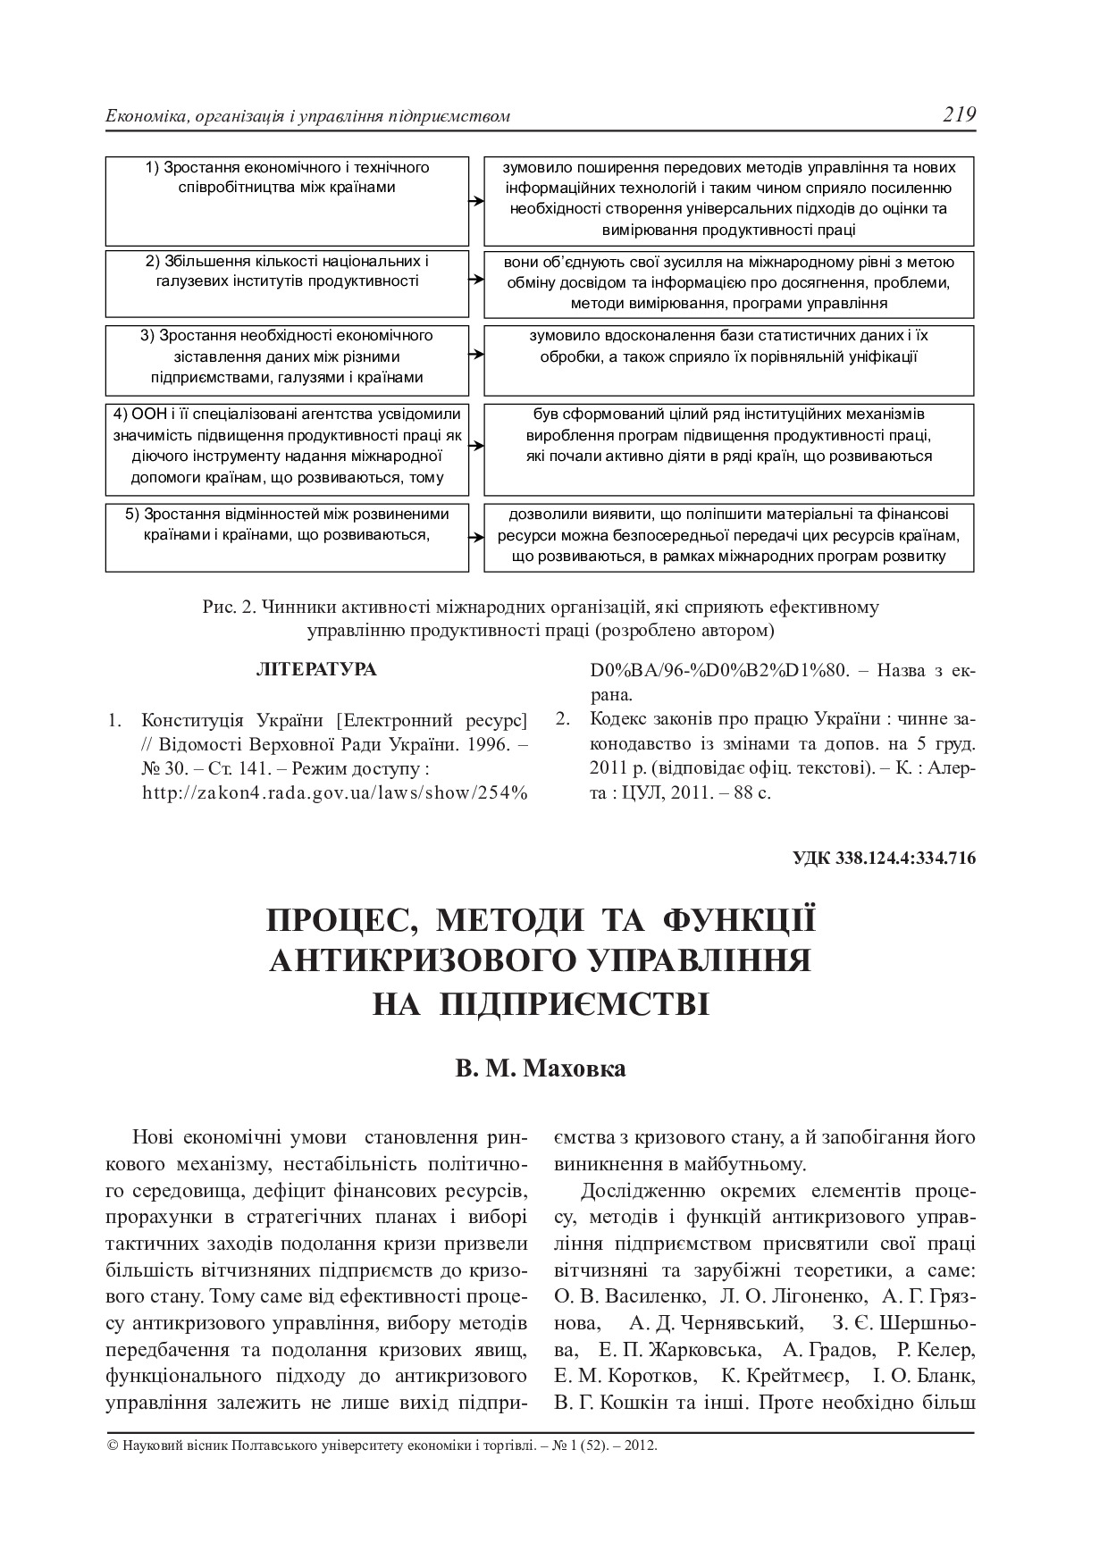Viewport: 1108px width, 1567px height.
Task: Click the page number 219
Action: click(x=958, y=114)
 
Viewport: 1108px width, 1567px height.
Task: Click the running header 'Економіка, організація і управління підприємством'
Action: click(x=308, y=117)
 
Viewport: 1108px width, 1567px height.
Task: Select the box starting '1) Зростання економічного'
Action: click(x=287, y=201)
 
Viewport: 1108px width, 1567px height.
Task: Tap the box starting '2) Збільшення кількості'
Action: click(x=287, y=283)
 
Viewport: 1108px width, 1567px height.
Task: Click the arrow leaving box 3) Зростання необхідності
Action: click(x=476, y=355)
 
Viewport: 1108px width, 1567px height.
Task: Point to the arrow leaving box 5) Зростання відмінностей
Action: click(x=476, y=537)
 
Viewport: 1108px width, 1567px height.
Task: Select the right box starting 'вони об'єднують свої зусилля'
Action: click(x=728, y=283)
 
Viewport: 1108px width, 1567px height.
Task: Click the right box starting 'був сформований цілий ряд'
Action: click(x=728, y=449)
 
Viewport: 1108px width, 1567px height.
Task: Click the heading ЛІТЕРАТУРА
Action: click(x=316, y=669)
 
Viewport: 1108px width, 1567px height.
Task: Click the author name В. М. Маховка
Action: click(x=541, y=1068)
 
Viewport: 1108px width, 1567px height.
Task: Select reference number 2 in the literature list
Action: click(x=562, y=719)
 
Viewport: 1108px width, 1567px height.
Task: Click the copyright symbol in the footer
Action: click(x=112, y=1445)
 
